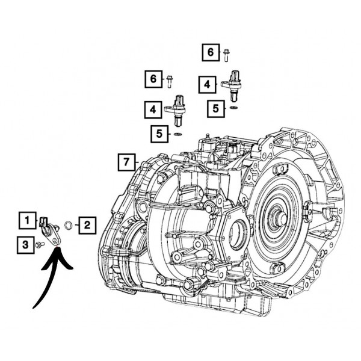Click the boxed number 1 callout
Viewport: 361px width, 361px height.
(x=27, y=221)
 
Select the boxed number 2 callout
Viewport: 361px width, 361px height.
(x=87, y=226)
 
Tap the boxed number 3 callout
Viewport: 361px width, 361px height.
(x=25, y=244)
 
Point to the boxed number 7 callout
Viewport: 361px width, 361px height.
(x=125, y=161)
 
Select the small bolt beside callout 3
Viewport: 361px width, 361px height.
(x=40, y=244)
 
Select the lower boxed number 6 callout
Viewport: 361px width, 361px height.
(x=153, y=78)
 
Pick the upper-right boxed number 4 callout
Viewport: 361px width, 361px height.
(x=207, y=85)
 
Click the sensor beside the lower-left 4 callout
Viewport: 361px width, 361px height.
(x=177, y=106)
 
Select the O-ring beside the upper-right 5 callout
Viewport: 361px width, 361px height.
(x=233, y=108)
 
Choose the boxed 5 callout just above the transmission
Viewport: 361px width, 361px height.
(x=159, y=133)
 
